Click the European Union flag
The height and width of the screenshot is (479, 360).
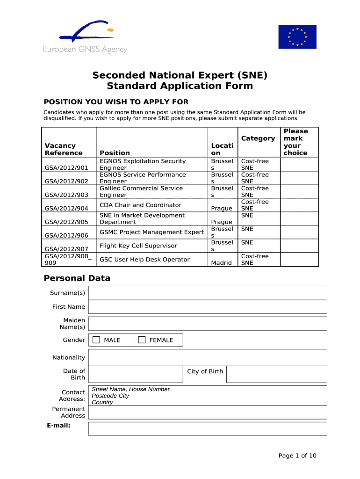coord(297,36)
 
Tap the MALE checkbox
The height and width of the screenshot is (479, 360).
coord(96,340)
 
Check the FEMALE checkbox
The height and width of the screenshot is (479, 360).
coord(142,340)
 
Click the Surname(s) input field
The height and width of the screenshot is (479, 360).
coord(207,293)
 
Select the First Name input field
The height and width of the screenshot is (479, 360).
coord(207,307)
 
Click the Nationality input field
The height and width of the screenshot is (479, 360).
coord(207,358)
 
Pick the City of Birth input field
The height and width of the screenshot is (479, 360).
coord(276,374)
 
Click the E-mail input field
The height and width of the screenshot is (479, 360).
coord(207,428)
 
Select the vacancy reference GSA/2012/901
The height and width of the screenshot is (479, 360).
coord(66,167)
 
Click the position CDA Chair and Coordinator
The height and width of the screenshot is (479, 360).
coord(140,205)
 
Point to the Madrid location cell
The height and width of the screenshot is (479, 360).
coord(221,263)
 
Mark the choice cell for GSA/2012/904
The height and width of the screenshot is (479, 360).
coord(299,205)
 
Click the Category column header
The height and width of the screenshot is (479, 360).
coord(258,138)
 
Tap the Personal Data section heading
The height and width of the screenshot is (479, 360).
coord(77,278)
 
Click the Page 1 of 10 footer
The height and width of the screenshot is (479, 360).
coord(297,456)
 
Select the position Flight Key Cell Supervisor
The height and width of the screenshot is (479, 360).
coord(138,246)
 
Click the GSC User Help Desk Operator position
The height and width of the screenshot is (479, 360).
coord(144,259)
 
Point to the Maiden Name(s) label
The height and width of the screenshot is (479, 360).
coord(74,324)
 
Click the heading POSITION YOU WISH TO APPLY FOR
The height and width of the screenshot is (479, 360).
coord(116,102)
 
